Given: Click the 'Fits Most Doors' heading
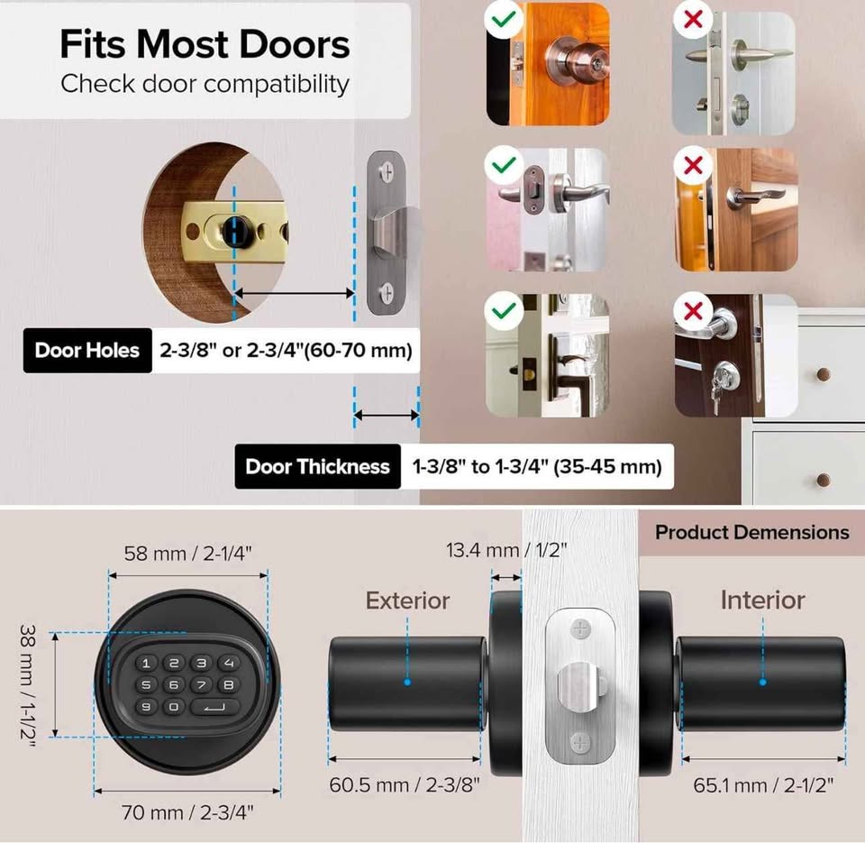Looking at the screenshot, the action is [x=205, y=43].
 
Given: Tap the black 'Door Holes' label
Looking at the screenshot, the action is [x=87, y=351].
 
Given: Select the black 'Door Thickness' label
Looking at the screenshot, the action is [x=318, y=466].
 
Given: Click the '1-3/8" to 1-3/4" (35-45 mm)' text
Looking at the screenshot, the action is [x=537, y=467].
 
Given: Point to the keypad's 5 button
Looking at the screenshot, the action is [x=146, y=685].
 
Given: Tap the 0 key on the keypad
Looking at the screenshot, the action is [x=174, y=707].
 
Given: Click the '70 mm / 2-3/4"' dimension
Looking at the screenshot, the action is [x=187, y=812].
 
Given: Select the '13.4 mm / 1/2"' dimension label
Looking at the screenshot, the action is [x=506, y=550].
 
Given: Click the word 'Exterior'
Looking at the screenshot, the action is [x=407, y=600].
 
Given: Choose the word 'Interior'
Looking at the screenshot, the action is [x=763, y=600].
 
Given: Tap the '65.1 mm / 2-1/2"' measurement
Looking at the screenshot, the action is [x=763, y=785].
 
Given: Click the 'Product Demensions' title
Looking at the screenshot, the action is [x=751, y=532].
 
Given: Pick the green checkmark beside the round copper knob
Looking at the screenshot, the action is [x=504, y=19].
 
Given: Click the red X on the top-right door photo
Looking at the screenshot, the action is [x=693, y=19].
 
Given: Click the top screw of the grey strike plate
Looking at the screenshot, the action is [x=387, y=171].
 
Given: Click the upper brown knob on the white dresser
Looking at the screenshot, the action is [x=823, y=374].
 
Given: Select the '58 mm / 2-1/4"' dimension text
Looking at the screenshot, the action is [x=187, y=554].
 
